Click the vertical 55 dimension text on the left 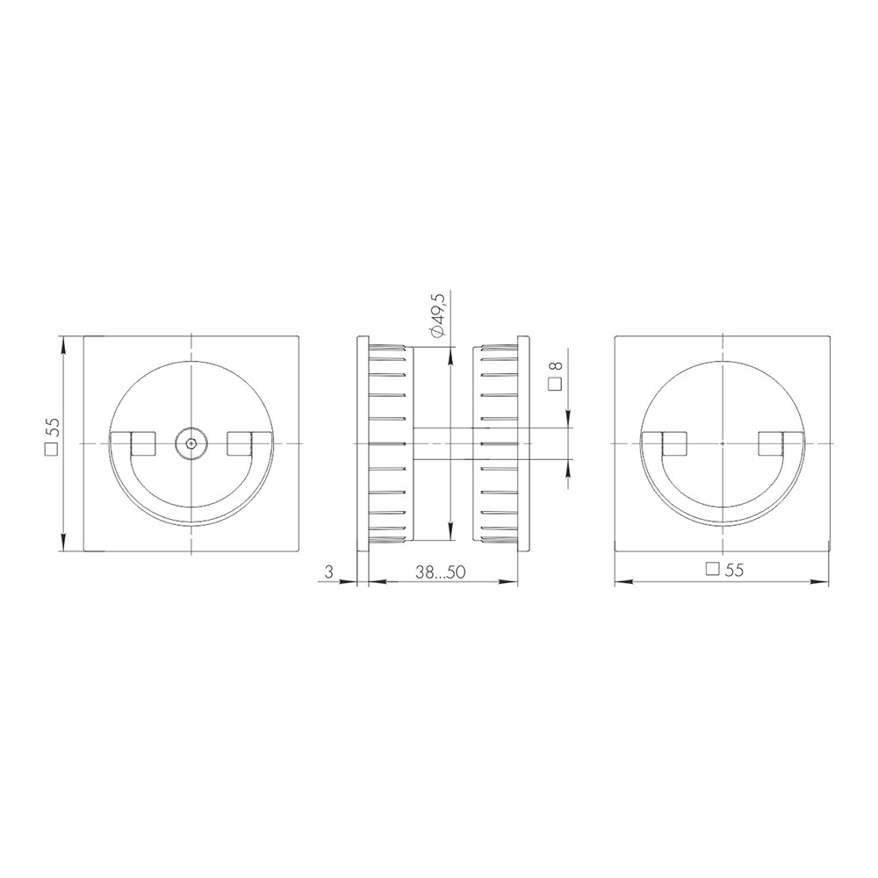coord(52,428)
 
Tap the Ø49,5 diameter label coord(438,317)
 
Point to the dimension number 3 coord(328,572)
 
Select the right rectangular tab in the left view coord(239,443)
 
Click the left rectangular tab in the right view coord(673,444)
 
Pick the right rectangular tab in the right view coord(771,444)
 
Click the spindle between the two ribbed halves coord(443,443)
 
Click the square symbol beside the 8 coord(554,385)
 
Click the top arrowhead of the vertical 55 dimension coord(63,344)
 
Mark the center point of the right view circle coord(722,444)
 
